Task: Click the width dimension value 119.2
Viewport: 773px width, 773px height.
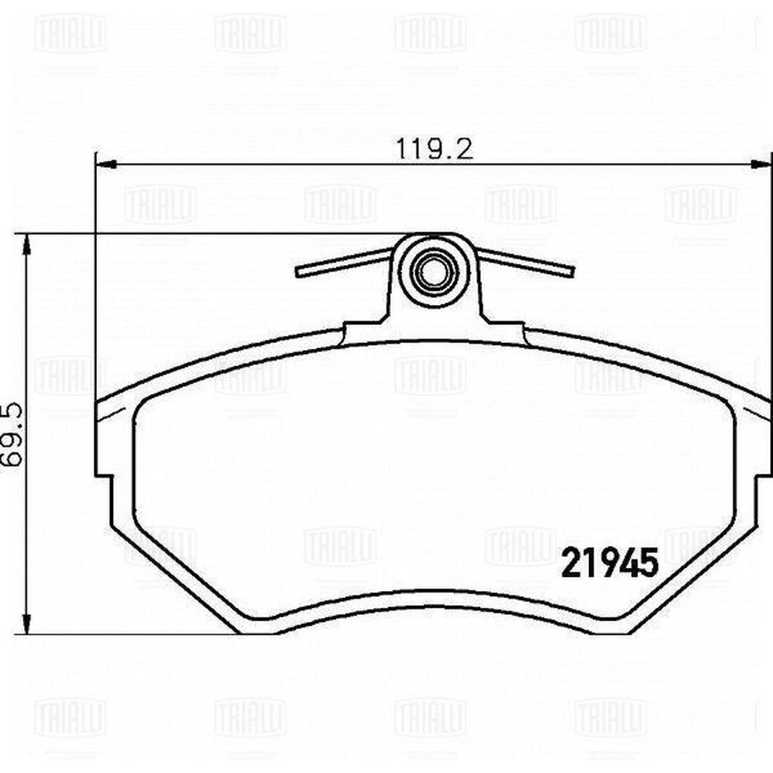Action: tap(433, 149)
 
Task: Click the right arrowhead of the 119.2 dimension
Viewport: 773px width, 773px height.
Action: tap(761, 164)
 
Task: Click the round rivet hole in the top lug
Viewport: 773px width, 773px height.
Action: tap(434, 270)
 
